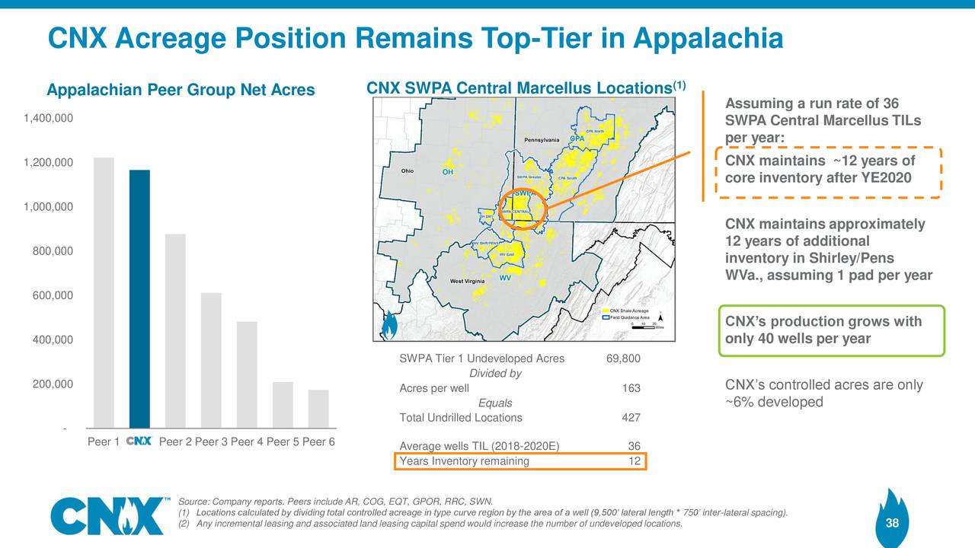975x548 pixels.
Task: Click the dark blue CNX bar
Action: coord(139,298)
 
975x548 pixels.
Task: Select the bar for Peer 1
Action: coord(104,292)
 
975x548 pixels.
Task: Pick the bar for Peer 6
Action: coord(318,409)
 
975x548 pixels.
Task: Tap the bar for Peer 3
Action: coord(211,360)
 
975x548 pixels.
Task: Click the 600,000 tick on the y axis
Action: coord(53,295)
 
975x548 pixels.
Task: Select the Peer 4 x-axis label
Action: coord(247,442)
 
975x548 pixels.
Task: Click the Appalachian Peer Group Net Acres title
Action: coord(181,91)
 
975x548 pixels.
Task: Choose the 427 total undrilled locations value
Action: coord(631,418)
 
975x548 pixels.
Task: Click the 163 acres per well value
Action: coord(631,389)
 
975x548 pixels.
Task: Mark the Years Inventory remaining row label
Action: coord(464,461)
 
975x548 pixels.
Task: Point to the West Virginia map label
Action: coord(468,282)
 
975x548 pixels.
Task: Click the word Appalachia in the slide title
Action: coord(708,37)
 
